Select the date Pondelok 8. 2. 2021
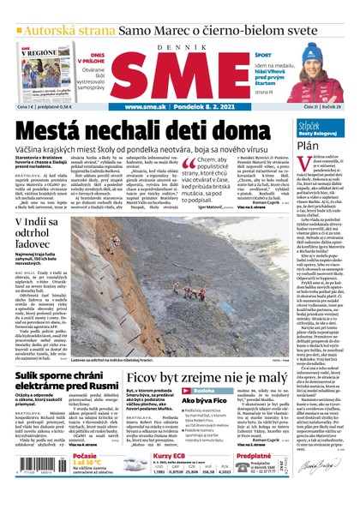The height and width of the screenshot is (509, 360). (209, 107)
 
